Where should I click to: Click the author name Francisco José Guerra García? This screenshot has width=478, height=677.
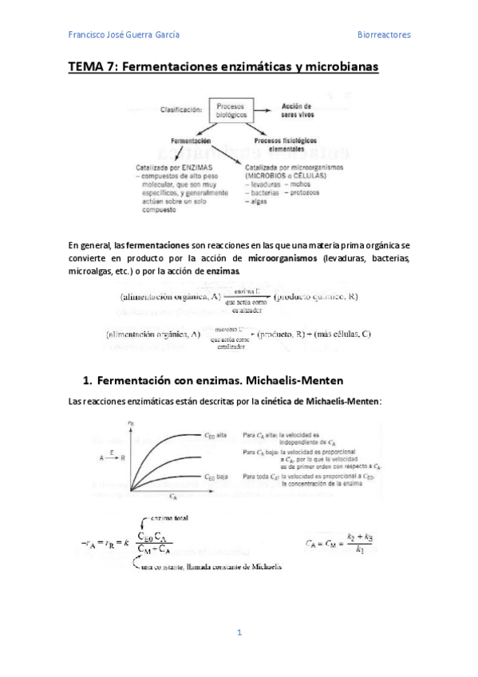(x=124, y=35)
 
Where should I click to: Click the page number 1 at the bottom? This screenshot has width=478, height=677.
(x=239, y=633)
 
